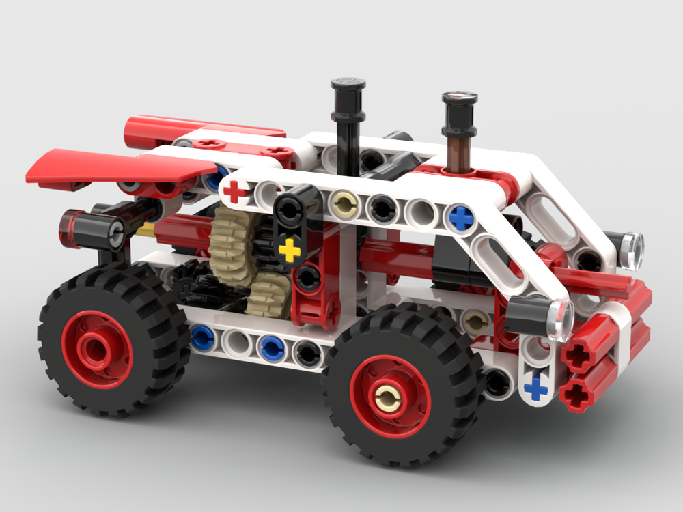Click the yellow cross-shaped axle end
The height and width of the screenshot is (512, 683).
coord(290,250)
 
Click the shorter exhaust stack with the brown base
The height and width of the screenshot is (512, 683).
coord(458,130)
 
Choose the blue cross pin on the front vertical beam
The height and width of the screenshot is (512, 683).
coord(537,389)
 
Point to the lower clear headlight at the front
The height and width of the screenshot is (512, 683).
coord(560,319)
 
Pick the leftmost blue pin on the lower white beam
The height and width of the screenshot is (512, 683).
coord(202,337)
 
